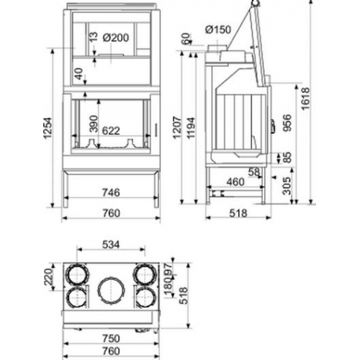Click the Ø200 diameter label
click(x=115, y=37)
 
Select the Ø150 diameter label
click(x=217, y=30)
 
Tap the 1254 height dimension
click(x=50, y=130)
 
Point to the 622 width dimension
click(x=111, y=130)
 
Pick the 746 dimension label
click(x=110, y=193)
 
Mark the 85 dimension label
click(x=287, y=156)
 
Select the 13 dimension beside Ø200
click(x=93, y=37)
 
